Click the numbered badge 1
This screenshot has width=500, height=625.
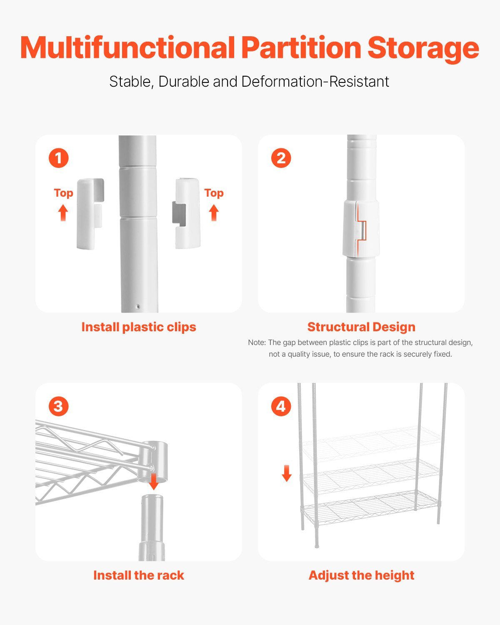(58, 158)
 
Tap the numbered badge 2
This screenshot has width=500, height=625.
(281, 158)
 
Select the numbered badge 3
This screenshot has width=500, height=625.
(58, 406)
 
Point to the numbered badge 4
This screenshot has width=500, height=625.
(281, 406)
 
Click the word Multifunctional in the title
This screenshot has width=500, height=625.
(127, 47)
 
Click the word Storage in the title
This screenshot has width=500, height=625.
(423, 48)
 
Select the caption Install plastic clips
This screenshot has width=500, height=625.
(139, 327)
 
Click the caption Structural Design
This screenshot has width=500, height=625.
(361, 327)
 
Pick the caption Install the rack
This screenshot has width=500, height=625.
(139, 575)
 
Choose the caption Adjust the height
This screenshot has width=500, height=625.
(361, 575)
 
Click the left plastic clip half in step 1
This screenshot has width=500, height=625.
(89, 214)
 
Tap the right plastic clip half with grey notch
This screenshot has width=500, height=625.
(186, 213)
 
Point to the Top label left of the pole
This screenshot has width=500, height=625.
(63, 193)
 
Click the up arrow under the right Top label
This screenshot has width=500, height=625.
(214, 213)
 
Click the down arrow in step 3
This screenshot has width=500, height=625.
(154, 482)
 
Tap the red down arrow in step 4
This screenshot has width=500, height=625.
(287, 473)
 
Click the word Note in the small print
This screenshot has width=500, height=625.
(256, 342)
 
